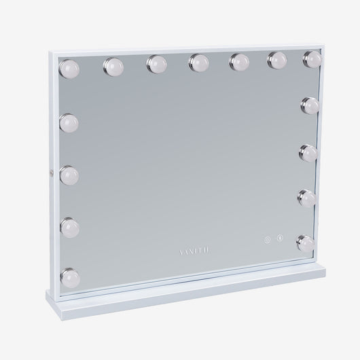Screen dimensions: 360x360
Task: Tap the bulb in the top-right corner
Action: click(x=312, y=58)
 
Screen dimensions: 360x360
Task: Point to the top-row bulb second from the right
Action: click(x=276, y=59)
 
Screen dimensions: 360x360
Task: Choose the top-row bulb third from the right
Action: click(x=238, y=60)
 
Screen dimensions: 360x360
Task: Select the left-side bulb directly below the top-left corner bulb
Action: click(x=69, y=122)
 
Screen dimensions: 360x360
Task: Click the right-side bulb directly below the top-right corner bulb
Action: click(x=312, y=104)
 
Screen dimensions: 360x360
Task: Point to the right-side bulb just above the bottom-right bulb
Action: click(x=306, y=198)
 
